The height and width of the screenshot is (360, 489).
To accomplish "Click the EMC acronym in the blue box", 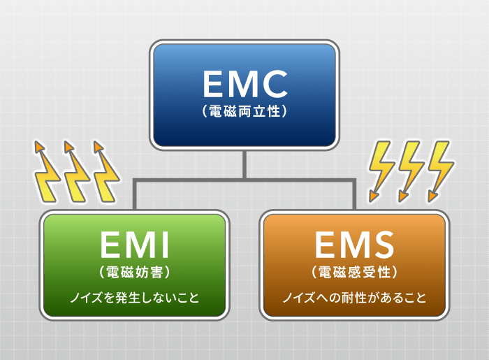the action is click(x=245, y=84).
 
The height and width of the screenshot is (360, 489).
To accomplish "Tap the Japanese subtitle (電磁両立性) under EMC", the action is click(x=245, y=111).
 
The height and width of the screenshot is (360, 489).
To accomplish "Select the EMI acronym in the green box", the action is click(x=135, y=245).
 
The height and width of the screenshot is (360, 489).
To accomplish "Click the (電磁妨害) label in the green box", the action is click(x=135, y=273).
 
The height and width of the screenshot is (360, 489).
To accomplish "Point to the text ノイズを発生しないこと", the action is click(x=135, y=297).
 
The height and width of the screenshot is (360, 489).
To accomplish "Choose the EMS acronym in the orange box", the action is click(x=355, y=245).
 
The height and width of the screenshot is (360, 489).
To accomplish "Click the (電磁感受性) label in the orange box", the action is click(x=355, y=272).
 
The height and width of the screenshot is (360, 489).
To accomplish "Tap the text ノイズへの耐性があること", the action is click(x=355, y=297).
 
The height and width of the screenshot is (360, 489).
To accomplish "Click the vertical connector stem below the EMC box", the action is click(x=245, y=164).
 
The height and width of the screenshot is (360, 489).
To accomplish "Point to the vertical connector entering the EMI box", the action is click(x=135, y=194).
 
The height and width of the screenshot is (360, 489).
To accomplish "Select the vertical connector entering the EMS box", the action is click(x=354, y=194).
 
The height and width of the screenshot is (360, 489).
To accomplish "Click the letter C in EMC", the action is click(x=274, y=84).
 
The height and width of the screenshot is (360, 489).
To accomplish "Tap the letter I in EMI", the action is click(x=166, y=245).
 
